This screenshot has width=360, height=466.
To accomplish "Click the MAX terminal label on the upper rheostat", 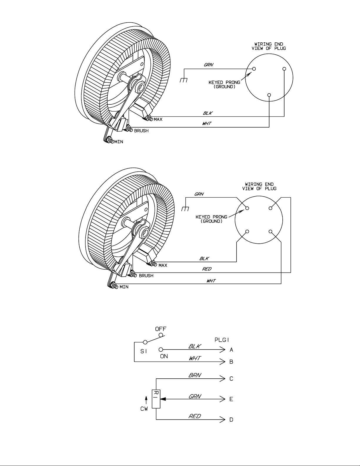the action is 158,119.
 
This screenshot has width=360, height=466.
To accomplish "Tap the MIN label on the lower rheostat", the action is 124,287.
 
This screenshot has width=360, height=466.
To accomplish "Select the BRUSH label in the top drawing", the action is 141,131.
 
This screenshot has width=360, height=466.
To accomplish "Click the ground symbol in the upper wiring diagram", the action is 184,80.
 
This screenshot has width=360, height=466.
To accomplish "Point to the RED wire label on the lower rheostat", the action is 207,269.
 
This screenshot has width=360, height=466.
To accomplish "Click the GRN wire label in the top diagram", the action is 208,65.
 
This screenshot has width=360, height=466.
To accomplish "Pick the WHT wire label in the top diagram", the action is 207,123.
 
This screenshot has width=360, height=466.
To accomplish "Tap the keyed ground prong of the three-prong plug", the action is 254,69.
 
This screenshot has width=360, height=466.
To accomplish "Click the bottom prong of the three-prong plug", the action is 269,95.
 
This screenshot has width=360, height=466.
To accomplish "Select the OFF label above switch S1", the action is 160,329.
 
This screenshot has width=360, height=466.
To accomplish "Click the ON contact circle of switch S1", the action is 161,350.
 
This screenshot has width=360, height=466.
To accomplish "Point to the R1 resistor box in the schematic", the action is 156,399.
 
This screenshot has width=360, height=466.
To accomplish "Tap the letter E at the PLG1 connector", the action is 231,399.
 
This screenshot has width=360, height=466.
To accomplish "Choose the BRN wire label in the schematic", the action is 195,375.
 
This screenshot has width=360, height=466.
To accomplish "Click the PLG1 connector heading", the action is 222,340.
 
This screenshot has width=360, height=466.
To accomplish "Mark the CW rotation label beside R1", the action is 144,409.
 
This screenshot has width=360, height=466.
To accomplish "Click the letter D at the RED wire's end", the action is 231,420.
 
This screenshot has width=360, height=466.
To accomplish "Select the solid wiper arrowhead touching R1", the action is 163,399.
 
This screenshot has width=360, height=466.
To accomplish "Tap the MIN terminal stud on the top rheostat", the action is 110,141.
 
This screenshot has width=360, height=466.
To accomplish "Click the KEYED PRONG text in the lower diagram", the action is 211,217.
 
